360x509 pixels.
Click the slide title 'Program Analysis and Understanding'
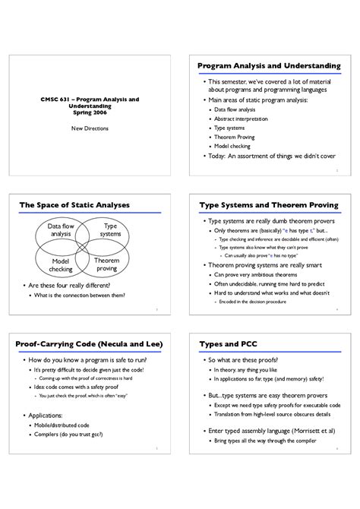(x=269, y=66)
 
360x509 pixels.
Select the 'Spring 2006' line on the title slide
(x=90, y=113)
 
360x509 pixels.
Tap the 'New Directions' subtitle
(x=90, y=128)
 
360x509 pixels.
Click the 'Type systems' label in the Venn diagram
(x=111, y=230)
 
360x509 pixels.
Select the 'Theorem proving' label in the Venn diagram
(x=107, y=264)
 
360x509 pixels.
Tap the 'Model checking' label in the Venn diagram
(x=61, y=265)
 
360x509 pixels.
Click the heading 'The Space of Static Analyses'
(x=74, y=205)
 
